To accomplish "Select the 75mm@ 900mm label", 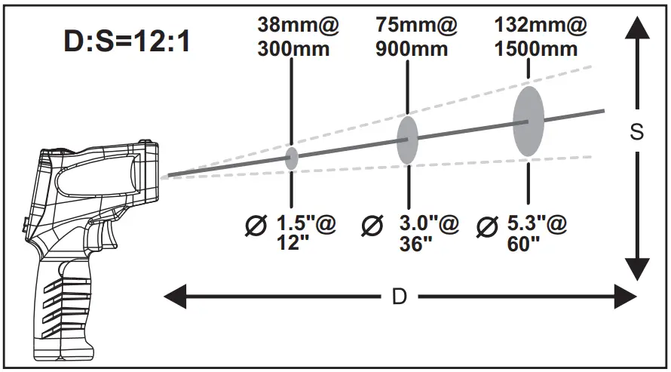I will coord(416,37).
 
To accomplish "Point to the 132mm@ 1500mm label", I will coord(540,37).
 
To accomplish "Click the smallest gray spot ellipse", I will coord(292,158).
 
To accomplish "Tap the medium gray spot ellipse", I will coord(407,140).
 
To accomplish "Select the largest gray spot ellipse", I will coord(529,121).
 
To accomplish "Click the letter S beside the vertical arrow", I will coord(637,132).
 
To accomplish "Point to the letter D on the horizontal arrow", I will coord(400,297).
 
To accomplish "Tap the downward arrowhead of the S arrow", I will coord(638,268).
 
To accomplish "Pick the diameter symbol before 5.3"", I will coord(488,225).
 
